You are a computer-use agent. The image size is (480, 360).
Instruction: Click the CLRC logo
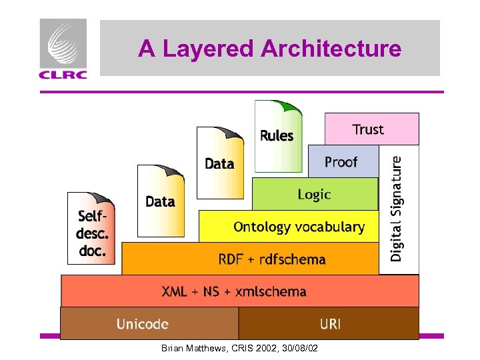63,49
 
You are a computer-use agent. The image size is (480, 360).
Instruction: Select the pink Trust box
371,129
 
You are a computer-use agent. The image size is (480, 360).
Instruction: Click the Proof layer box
341,162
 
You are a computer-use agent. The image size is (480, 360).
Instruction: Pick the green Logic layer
314,194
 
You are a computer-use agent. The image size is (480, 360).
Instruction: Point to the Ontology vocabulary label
299,227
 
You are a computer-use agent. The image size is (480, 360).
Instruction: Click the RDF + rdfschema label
272,259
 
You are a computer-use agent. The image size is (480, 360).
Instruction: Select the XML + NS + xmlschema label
234,291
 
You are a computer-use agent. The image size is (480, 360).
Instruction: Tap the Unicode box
143,324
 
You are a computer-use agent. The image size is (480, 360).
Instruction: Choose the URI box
330,324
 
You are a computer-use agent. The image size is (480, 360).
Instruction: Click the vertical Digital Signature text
397,208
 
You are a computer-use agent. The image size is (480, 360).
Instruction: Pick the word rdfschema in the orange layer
292,259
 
